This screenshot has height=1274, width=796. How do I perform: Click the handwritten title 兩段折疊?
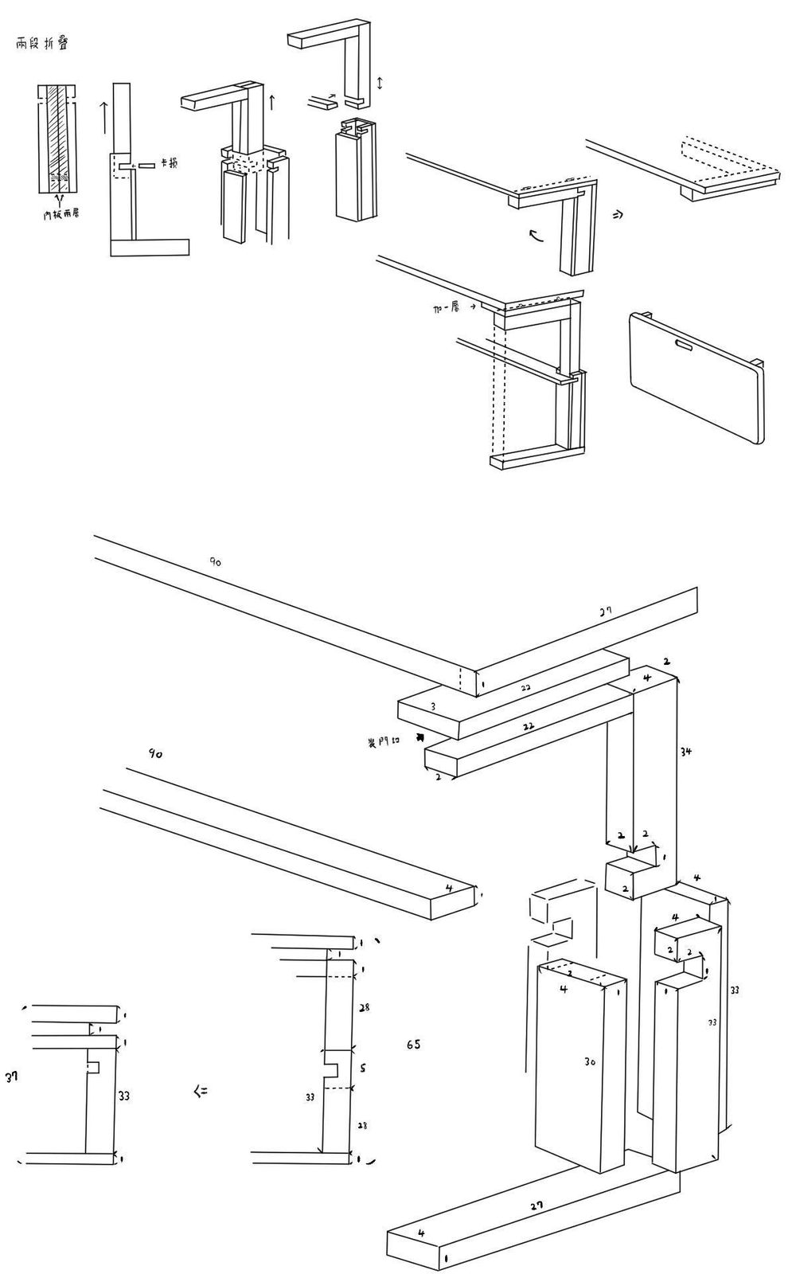coord(41,44)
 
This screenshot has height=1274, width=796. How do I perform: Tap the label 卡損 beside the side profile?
coord(169,163)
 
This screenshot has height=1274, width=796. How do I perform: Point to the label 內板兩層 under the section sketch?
coord(60,214)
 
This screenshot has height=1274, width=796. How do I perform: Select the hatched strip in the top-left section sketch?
coord(57,135)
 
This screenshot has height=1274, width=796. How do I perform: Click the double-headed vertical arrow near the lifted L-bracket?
coord(380,83)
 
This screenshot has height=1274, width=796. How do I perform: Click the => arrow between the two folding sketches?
coord(617,215)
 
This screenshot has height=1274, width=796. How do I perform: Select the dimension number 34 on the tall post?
coord(685,751)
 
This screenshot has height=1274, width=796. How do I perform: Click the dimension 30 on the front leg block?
coord(590,1061)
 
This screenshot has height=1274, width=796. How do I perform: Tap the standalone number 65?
coord(413,1044)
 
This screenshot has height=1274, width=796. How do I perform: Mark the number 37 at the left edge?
coord(11,1077)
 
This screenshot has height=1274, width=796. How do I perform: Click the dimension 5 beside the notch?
coord(363,1068)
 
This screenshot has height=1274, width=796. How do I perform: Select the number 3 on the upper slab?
coord(433,706)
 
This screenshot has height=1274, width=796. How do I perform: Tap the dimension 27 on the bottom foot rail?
coord(537,1205)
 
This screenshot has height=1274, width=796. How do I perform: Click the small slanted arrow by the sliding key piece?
coord(334,96)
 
